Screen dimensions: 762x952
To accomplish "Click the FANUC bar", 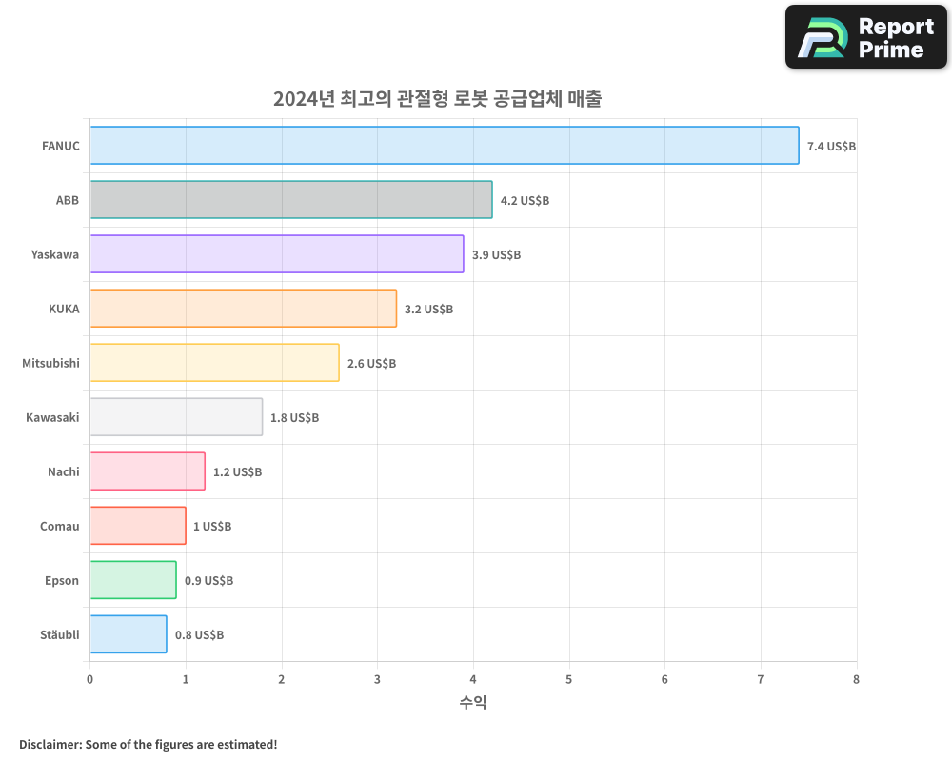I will (x=445, y=146).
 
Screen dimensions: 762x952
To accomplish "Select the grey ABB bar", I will (x=291, y=200).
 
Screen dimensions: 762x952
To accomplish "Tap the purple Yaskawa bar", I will (x=277, y=254).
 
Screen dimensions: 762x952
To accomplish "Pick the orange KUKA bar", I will (x=244, y=309).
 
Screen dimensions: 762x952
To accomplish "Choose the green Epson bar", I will (x=133, y=580).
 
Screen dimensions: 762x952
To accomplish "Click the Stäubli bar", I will (x=129, y=634).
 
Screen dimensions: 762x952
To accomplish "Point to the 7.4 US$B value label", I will (x=831, y=147).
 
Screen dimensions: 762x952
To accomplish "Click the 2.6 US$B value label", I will (x=371, y=364).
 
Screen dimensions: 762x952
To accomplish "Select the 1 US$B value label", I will (x=212, y=527).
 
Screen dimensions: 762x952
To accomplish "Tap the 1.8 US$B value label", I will (x=294, y=418).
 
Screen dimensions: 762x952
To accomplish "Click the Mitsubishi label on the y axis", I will (x=50, y=363).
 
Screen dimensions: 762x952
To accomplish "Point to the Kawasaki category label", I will (x=52, y=417).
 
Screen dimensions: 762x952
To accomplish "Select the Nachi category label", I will (x=63, y=471).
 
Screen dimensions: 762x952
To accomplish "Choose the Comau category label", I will (x=59, y=526).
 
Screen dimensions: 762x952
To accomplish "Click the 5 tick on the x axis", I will (x=569, y=679).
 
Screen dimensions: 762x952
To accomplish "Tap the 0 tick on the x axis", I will (x=90, y=679).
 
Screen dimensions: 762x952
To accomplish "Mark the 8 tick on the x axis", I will (x=856, y=679).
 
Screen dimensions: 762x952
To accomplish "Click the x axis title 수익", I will (x=473, y=703).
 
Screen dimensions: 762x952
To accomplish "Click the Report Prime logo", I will (x=865, y=37).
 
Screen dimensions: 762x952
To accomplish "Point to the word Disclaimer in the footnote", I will (x=49, y=744).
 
